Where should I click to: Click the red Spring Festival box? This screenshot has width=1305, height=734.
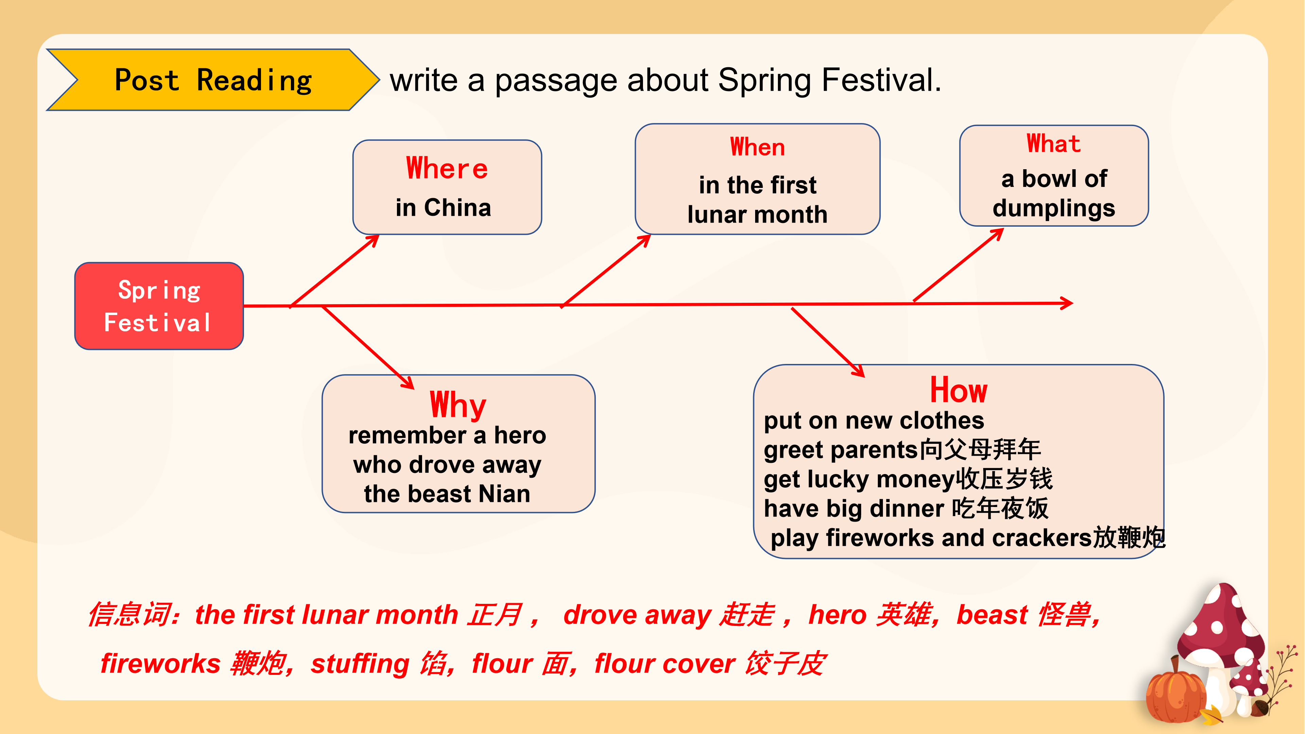[159, 306]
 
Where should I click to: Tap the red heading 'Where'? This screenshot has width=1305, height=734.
[447, 168]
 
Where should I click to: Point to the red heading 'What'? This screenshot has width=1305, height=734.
[1054, 143]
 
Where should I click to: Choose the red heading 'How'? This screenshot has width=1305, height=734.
[958, 390]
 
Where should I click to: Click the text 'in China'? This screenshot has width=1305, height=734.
[443, 208]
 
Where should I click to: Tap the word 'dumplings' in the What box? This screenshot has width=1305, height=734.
[1054, 208]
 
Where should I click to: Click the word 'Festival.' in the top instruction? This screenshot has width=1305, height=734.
[881, 80]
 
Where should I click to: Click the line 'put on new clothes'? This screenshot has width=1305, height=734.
[874, 420]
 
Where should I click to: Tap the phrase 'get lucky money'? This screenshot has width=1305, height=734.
[859, 479]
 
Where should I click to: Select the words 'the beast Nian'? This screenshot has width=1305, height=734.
[447, 494]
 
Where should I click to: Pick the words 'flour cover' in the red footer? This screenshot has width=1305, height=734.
[665, 664]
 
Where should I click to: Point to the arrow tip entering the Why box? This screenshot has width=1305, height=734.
[413, 388]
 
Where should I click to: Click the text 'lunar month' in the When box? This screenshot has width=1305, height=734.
[758, 215]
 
